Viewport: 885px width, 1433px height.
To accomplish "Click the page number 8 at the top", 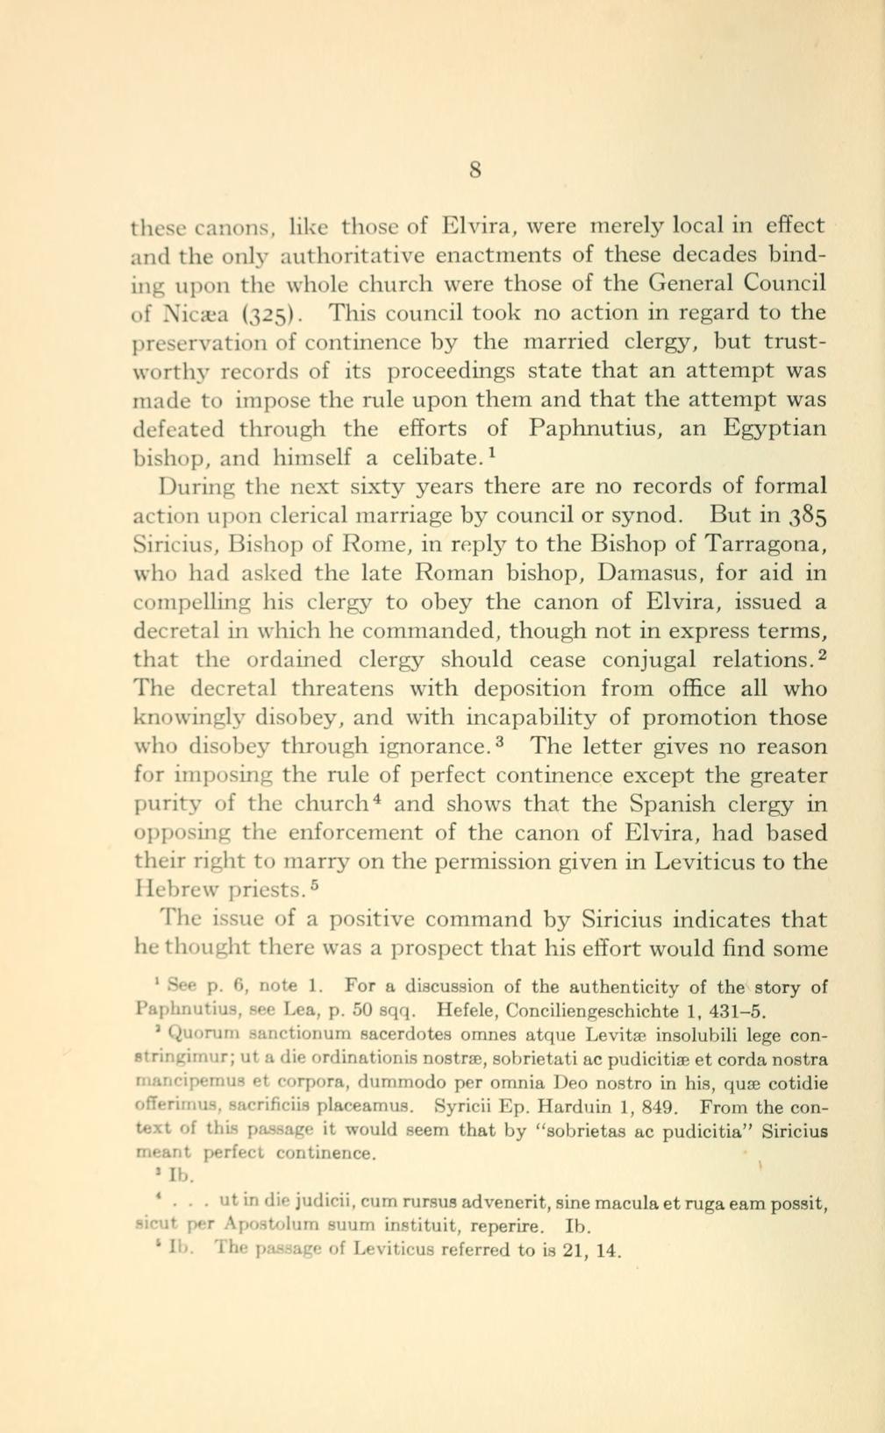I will [x=475, y=169].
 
